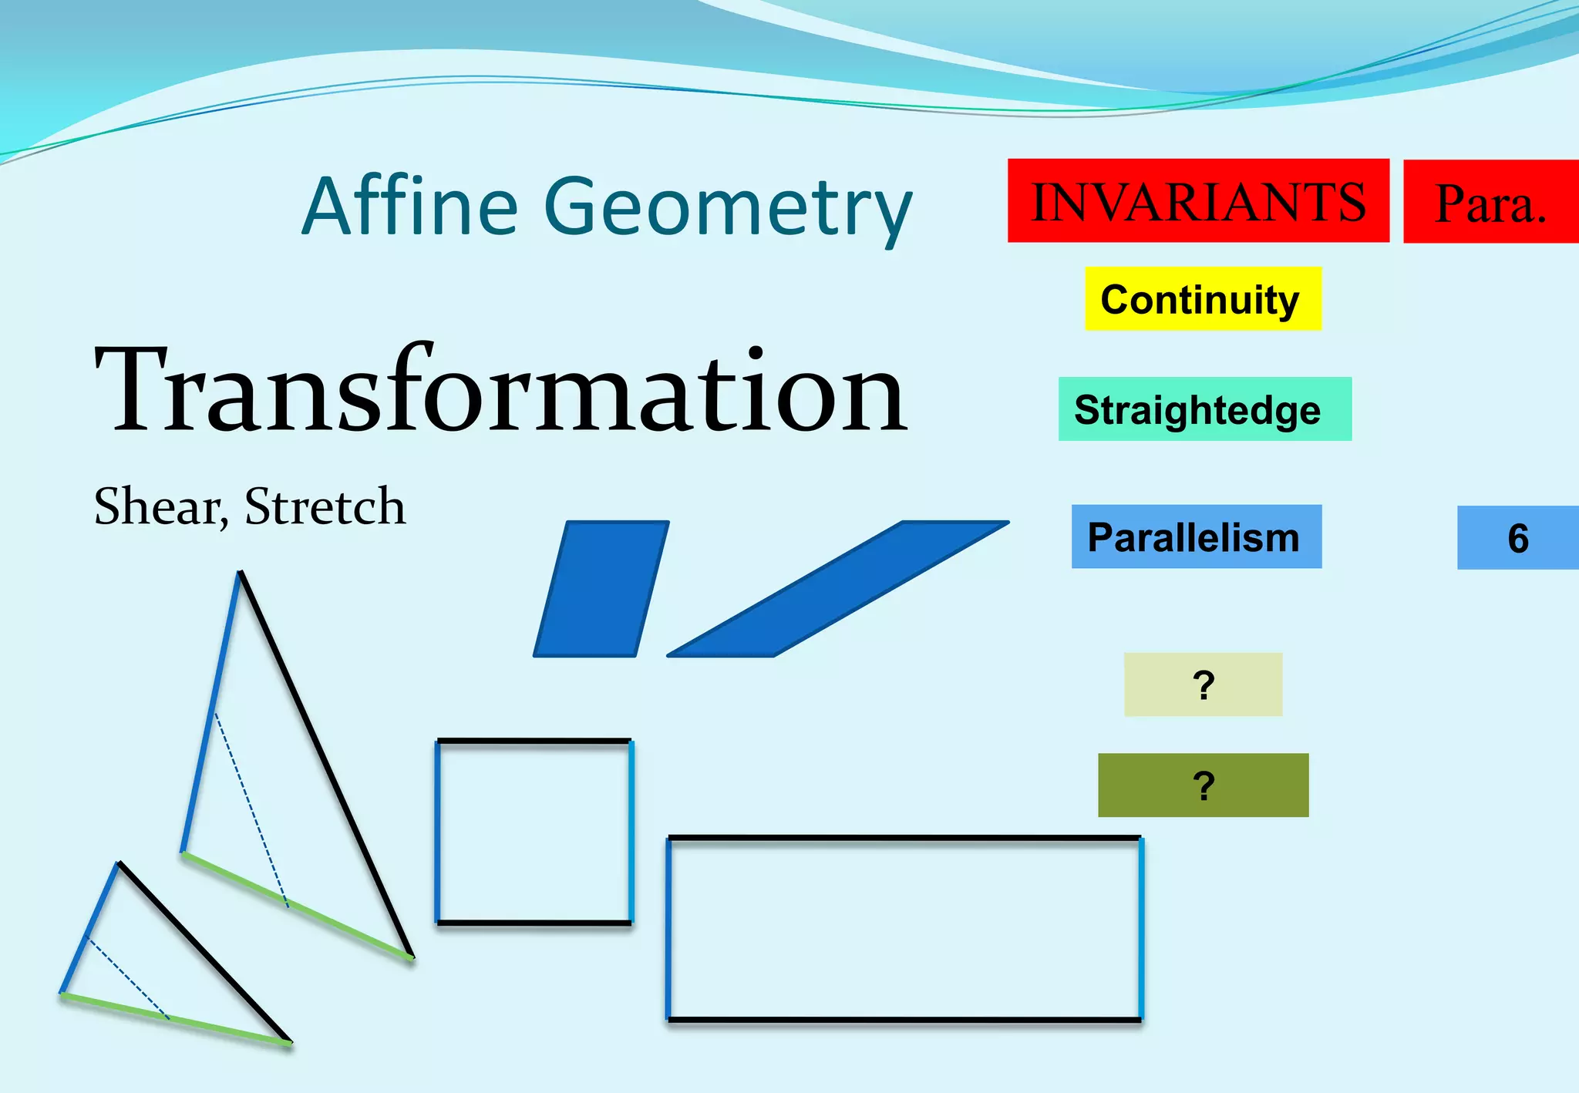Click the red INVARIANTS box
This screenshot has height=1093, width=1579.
pyautogui.click(x=1197, y=200)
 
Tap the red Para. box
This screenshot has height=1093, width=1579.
pyautogui.click(x=1490, y=202)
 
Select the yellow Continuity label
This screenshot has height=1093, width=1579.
pyautogui.click(x=1202, y=299)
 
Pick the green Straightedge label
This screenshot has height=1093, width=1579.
pyautogui.click(x=1204, y=409)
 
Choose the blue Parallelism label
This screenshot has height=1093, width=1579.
pyautogui.click(x=1196, y=537)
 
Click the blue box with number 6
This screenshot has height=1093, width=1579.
pyautogui.click(x=1517, y=538)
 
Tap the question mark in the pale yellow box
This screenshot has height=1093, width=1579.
pyautogui.click(x=1203, y=684)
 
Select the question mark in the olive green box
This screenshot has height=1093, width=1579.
pyautogui.click(x=1203, y=785)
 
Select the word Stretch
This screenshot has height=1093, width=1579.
pyautogui.click(x=325, y=506)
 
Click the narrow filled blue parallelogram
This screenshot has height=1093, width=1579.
pyautogui.click(x=601, y=589)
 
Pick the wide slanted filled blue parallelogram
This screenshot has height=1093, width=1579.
pyautogui.click(x=837, y=589)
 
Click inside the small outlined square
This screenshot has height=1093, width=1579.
pyautogui.click(x=534, y=832)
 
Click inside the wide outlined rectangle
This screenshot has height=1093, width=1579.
pyautogui.click(x=904, y=928)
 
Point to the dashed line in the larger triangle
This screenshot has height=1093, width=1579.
pyautogui.click(x=251, y=809)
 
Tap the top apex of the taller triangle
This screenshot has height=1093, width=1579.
pyautogui.click(x=240, y=573)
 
